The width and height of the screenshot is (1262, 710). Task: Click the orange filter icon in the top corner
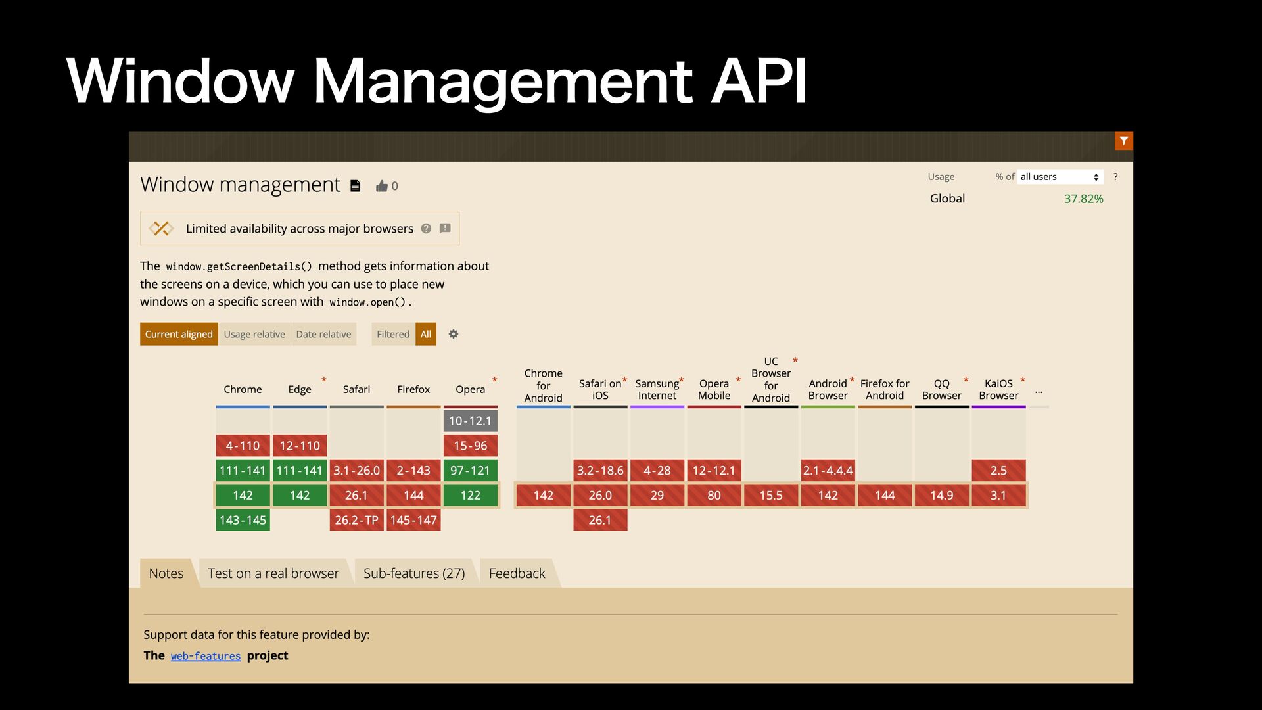point(1123,141)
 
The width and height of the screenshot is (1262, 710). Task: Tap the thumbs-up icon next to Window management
point(382,186)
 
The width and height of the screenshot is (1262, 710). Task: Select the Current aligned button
point(179,334)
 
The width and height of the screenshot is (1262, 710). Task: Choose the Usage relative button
point(254,334)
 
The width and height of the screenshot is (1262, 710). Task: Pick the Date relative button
point(323,334)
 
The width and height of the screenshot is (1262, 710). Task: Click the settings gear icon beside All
point(454,334)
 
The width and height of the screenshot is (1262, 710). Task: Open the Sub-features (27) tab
point(414,573)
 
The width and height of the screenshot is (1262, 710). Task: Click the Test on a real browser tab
point(273,573)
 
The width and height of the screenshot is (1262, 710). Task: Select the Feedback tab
point(517,573)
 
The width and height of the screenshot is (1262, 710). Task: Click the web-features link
point(206,656)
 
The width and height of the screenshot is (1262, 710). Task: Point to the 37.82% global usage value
point(1083,199)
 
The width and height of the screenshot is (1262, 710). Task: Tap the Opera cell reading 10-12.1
point(470,421)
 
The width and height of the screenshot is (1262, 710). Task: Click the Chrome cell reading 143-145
point(243,520)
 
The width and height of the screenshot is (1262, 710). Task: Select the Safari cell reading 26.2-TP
point(356,520)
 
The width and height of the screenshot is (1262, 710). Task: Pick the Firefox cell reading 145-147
point(413,520)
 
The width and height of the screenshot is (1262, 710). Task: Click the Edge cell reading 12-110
point(300,446)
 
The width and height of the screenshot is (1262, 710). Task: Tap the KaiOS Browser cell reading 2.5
point(998,471)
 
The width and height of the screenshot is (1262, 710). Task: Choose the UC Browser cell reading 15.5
point(771,495)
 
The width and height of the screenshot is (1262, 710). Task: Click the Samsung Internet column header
point(657,389)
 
